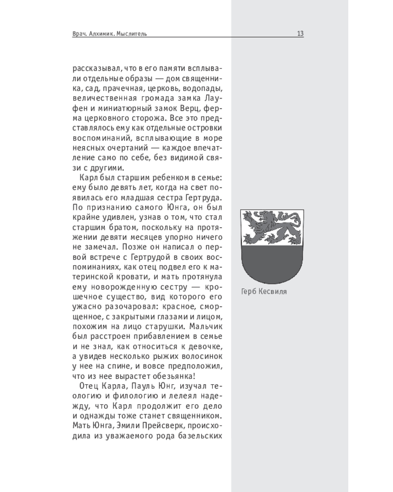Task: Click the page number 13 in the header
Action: click(x=300, y=34)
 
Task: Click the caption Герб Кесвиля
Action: click(x=264, y=291)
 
